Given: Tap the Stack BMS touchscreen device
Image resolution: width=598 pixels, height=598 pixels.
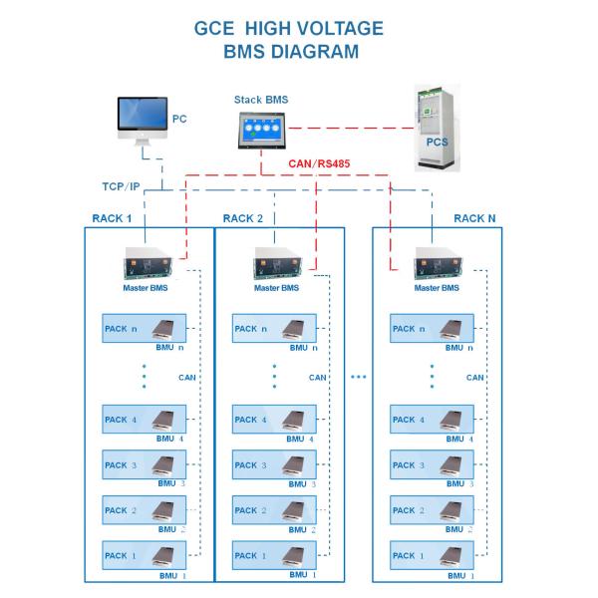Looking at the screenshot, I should (261, 129).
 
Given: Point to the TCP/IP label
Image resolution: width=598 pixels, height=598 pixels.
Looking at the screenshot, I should (122, 186).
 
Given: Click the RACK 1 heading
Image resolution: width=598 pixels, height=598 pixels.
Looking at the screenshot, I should (113, 218).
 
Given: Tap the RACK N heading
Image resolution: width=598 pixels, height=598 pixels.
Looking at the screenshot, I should (473, 218).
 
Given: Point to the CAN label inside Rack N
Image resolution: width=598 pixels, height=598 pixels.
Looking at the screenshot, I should (475, 378).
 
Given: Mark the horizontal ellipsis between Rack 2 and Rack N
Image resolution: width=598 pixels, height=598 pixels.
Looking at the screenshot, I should (359, 378).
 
